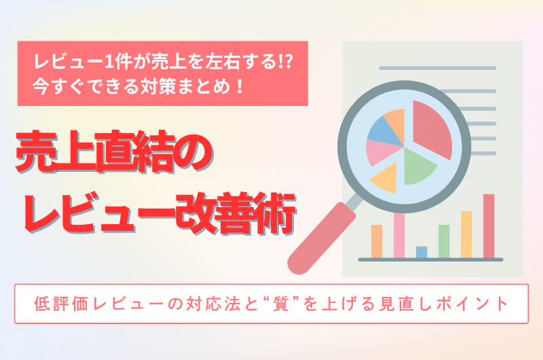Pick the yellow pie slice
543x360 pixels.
click(x=386, y=179)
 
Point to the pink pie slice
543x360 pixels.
click(x=381, y=151)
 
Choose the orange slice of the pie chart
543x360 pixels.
click(x=396, y=123)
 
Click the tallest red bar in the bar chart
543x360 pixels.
click(x=489, y=226)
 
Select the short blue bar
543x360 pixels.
click(x=422, y=252)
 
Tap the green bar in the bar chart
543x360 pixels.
click(x=444, y=242)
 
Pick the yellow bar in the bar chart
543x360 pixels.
click(x=466, y=234)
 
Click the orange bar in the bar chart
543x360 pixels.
click(x=377, y=242)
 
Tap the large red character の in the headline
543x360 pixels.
click(x=194, y=152)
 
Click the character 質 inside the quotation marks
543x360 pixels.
click(x=280, y=304)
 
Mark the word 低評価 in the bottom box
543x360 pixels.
click(x=61, y=304)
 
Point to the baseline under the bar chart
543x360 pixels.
click(x=430, y=259)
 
